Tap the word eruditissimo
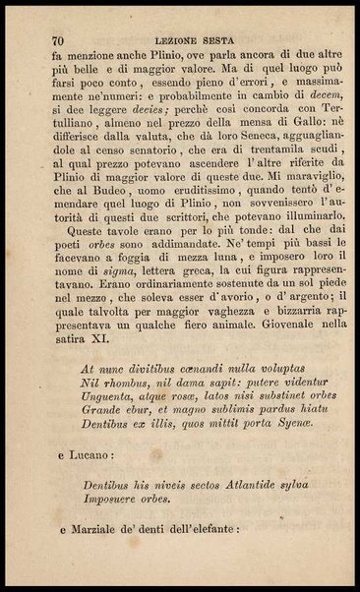pos(210,203)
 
